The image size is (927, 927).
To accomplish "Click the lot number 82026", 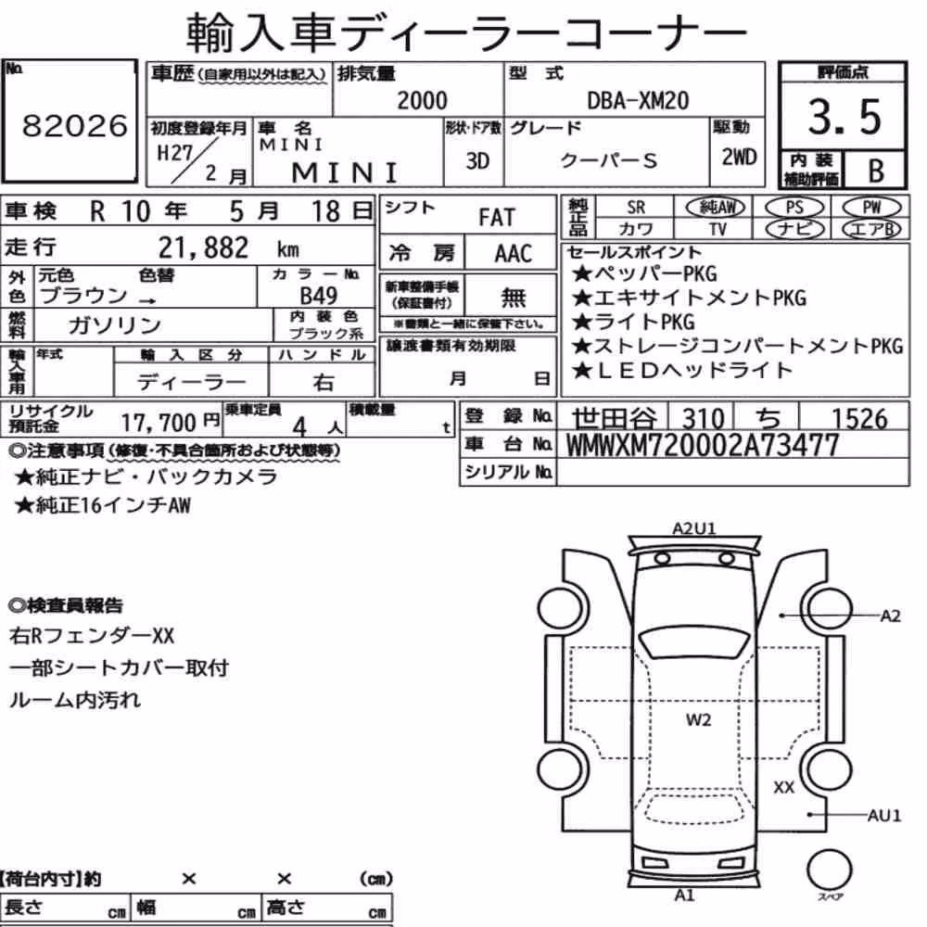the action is tap(75, 125).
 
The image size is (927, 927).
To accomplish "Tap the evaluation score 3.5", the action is tap(844, 117).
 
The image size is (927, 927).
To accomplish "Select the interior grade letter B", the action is tap(876, 171).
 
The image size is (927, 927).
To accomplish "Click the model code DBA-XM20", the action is tap(638, 100).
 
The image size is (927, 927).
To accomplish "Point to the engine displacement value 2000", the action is tap(422, 100).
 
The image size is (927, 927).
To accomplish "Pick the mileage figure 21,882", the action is tap(203, 248).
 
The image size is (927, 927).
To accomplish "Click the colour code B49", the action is tap(319, 295).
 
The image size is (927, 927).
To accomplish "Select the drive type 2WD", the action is tap(739, 158).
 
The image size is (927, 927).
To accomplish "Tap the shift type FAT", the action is tap(497, 218).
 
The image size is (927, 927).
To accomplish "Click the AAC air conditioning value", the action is tap(514, 254).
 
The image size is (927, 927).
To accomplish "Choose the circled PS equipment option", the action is tap(794, 208).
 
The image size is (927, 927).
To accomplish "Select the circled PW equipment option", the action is tap(871, 208).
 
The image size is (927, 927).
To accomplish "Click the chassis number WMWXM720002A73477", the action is tap(703, 445).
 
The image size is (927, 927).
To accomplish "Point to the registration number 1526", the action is tap(859, 419).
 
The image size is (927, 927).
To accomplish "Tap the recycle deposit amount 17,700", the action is tap(159, 423).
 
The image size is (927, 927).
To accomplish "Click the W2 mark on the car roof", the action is tap(698, 720).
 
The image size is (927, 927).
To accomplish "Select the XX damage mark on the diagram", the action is tap(784, 787).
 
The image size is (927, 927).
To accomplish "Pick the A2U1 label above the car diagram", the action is tap(694, 528).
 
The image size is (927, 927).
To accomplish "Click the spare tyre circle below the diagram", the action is tap(829, 870).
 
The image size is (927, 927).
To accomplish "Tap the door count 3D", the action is tap(477, 160).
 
